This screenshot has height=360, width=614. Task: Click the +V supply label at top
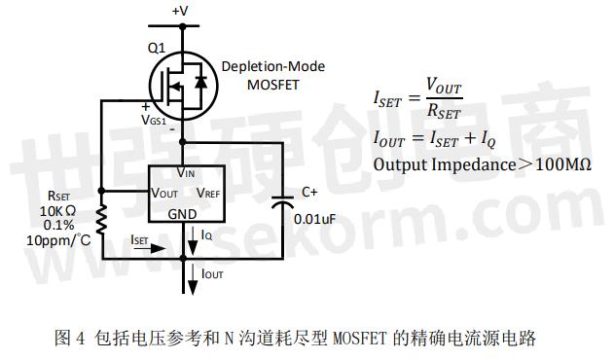pos(180,11)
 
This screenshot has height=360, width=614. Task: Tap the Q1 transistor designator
pos(157,49)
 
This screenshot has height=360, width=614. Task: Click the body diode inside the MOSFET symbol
pos(200,82)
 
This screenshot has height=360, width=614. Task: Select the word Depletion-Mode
pos(272,66)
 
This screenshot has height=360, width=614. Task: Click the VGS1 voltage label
pos(154,120)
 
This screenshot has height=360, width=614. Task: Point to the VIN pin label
pos(186,172)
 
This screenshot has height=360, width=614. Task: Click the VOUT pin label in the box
pos(164,193)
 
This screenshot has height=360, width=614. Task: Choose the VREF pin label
pos(208,193)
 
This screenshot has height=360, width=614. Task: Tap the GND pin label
pos(182,214)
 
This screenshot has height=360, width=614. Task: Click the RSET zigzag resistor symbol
pos(101,220)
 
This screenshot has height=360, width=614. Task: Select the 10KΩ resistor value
pos(57,211)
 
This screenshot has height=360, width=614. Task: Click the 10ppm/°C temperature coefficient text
pos(58,239)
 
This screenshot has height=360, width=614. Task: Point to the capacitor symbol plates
pos(283,201)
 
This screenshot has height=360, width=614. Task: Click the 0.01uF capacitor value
pos(315,219)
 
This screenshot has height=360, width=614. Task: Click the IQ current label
pos(206,235)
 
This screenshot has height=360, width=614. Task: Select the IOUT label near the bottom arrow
pos(212,273)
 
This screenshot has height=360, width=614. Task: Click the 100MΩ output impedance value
pos(562,164)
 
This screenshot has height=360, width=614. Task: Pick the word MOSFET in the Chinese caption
pos(359,338)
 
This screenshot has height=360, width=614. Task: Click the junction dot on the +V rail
pos(183,26)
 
